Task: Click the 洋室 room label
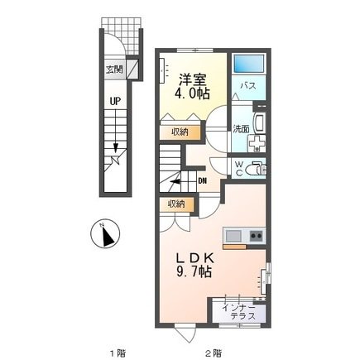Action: click(190, 78)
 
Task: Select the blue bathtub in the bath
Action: click(248, 65)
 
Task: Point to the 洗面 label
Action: click(239, 129)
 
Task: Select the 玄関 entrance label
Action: click(113, 70)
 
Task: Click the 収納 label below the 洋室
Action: click(180, 131)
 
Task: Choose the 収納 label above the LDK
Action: click(176, 203)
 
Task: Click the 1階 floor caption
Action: click(117, 352)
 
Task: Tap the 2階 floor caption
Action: click(214, 352)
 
